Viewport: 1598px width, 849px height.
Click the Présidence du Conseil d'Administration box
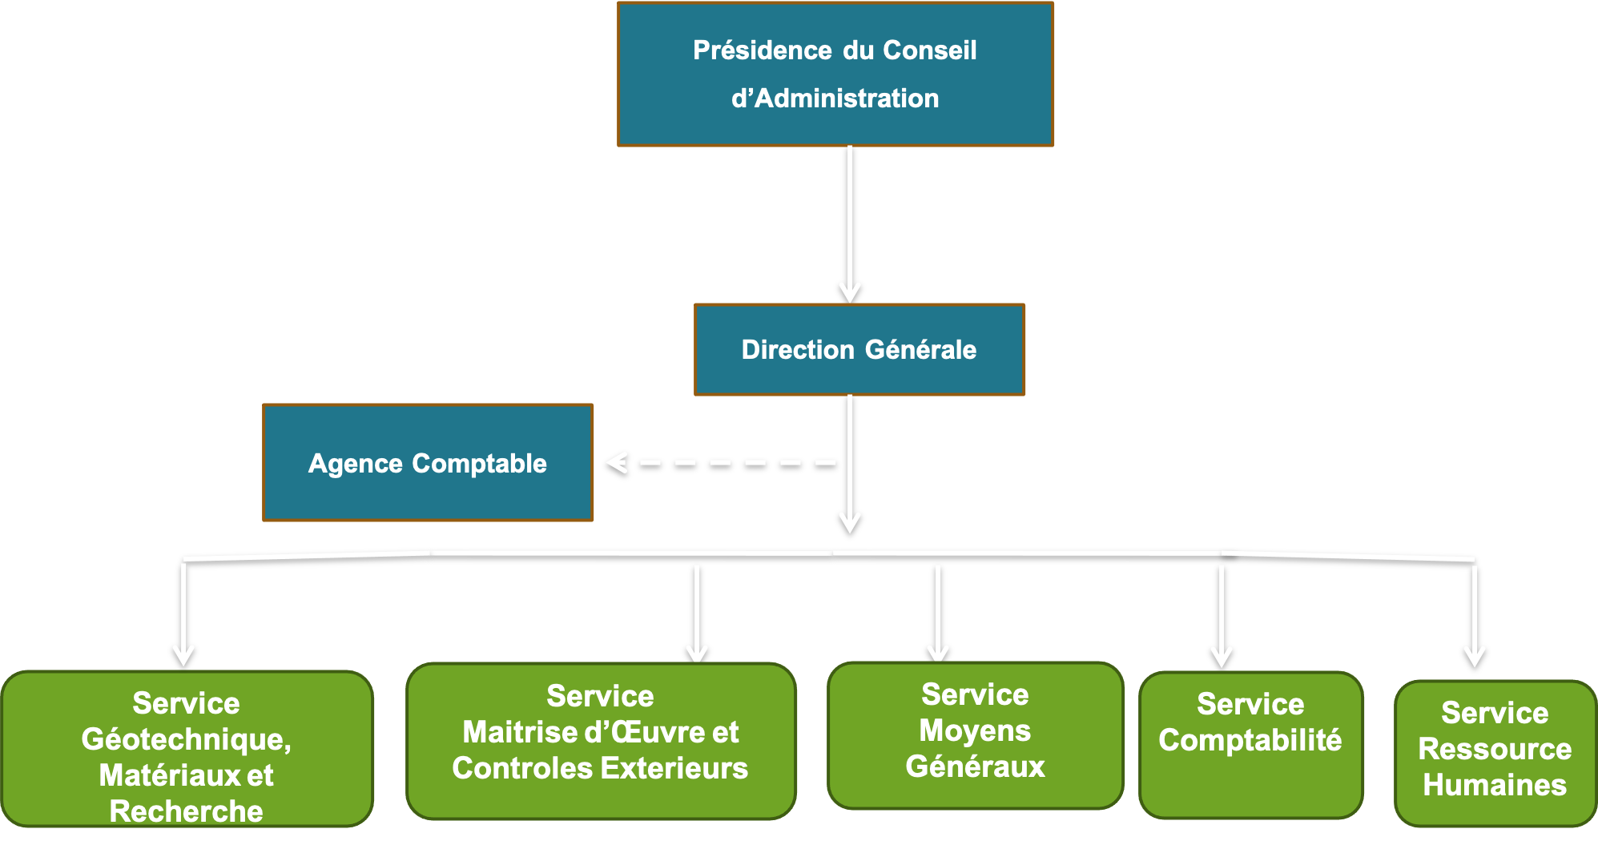pyautogui.click(x=835, y=74)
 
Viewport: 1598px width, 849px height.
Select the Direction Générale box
pyautogui.click(x=859, y=350)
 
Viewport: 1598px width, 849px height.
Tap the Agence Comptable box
pyautogui.click(x=428, y=463)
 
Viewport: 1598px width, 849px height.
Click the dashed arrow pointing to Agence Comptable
pyautogui.click(x=721, y=462)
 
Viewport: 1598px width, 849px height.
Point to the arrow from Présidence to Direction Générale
pyautogui.click(x=850, y=224)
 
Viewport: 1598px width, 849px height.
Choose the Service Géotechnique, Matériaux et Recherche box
pyautogui.click(x=187, y=749)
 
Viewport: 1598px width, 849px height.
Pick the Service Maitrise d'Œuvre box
pyautogui.click(x=601, y=741)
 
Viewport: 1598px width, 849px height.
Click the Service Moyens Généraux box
pyautogui.click(x=975, y=735)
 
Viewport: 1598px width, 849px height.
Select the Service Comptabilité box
pyautogui.click(x=1250, y=745)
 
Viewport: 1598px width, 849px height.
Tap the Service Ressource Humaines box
pyautogui.click(x=1495, y=753)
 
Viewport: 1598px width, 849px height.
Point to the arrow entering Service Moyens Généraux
pyautogui.click(x=938, y=613)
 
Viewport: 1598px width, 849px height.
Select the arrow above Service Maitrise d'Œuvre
pyautogui.click(x=697, y=613)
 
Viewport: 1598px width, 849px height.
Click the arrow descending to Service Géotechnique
pyautogui.click(x=183, y=614)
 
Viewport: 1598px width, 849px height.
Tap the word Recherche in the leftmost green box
pyautogui.click(x=187, y=811)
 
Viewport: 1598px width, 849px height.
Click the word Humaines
pyautogui.click(x=1495, y=785)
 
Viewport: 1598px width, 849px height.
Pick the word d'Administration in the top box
pyautogui.click(x=835, y=99)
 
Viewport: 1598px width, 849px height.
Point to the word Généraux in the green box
pyautogui.click(x=975, y=767)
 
